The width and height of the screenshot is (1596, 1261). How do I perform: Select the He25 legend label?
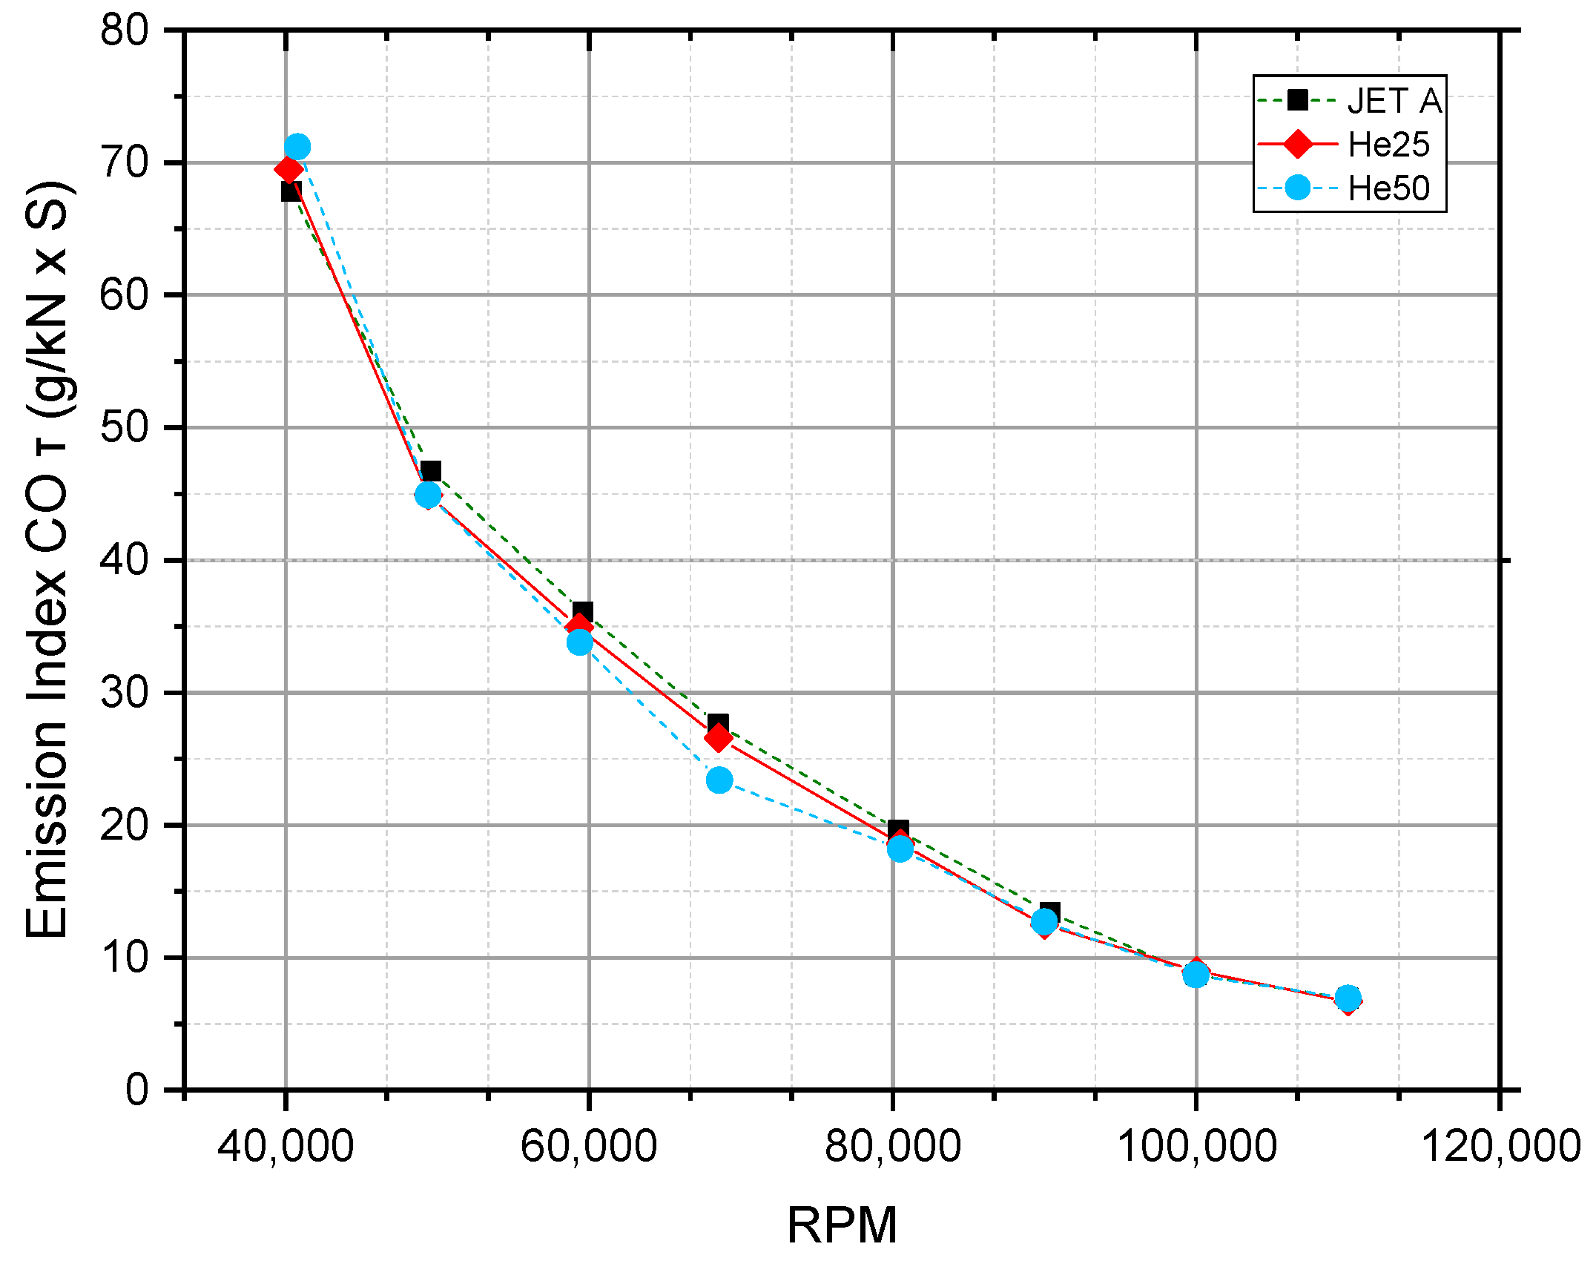click(1388, 145)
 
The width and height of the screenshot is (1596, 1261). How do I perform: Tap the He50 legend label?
click(1388, 188)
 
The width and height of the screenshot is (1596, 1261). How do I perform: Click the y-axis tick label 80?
click(124, 31)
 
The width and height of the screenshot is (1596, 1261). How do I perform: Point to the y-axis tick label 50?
click(124, 428)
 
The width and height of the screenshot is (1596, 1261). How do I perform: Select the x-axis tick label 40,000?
click(286, 1147)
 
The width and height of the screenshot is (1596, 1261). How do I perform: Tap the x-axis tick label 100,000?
click(1196, 1147)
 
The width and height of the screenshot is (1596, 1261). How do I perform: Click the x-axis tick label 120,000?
click(1500, 1147)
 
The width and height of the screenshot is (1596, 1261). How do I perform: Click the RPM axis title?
click(842, 1225)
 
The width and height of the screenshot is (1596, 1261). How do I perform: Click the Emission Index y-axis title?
click(47, 560)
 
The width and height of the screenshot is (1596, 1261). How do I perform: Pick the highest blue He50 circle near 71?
click(297, 147)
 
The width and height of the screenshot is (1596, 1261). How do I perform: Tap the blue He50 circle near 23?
click(719, 780)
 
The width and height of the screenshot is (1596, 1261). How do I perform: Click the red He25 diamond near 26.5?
click(717, 739)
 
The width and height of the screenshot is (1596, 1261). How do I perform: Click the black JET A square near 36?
click(583, 613)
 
